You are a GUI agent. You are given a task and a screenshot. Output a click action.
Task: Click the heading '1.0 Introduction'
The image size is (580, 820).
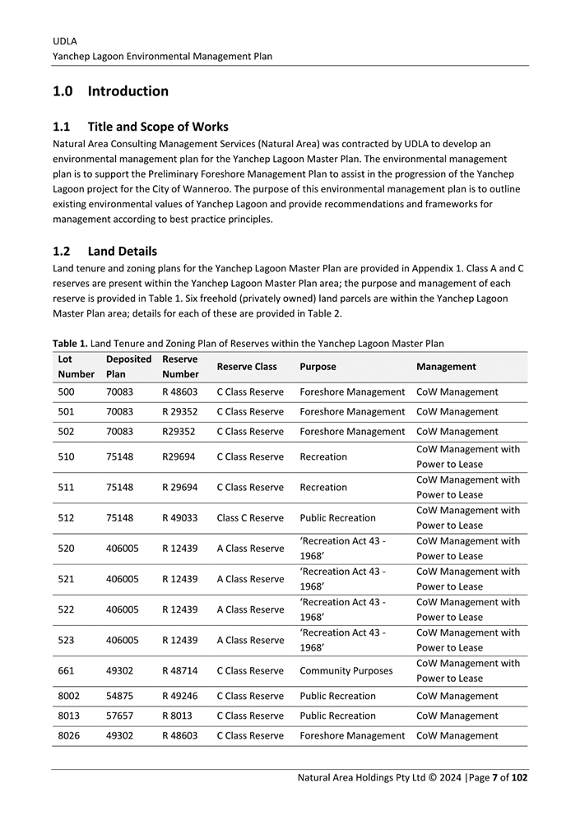pyautogui.click(x=110, y=91)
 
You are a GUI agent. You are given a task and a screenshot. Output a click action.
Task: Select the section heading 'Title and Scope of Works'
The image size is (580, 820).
pyautogui.click(x=158, y=127)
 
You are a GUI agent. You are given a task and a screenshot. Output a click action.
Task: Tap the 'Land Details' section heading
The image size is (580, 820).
pyautogui.click(x=122, y=251)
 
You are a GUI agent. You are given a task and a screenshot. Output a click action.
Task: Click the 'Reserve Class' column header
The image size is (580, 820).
pyautogui.click(x=247, y=367)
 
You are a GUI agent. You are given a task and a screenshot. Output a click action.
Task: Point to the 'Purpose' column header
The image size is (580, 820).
pyautogui.click(x=318, y=367)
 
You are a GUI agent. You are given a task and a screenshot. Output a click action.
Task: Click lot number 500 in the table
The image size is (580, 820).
pyautogui.click(x=67, y=392)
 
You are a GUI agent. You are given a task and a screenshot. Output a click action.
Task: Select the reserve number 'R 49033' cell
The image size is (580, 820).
pyautogui.click(x=180, y=518)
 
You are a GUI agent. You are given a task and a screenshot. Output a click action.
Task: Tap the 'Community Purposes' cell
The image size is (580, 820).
pyautogui.click(x=346, y=671)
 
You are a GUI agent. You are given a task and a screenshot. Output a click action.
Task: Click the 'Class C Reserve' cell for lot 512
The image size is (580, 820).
pyautogui.click(x=250, y=518)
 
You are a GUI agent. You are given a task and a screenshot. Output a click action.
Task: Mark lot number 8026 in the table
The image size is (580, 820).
pyautogui.click(x=69, y=736)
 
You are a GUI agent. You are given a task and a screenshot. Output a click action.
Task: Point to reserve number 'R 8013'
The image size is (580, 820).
pyautogui.click(x=178, y=716)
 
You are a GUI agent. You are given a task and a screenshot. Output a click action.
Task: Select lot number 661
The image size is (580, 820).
pyautogui.click(x=67, y=671)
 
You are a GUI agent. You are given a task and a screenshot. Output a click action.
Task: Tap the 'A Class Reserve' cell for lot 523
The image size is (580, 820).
pyautogui.click(x=250, y=640)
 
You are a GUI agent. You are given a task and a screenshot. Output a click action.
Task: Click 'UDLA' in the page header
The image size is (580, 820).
pyautogui.click(x=65, y=40)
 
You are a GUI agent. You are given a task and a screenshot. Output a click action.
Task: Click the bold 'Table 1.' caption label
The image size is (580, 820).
pyautogui.click(x=69, y=343)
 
